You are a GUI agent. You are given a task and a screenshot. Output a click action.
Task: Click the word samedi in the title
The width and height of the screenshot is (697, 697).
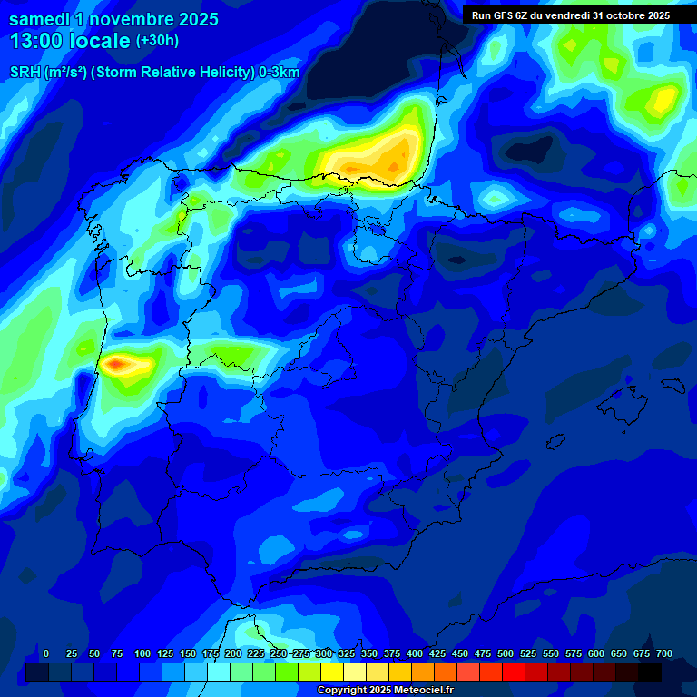click(x=41, y=19)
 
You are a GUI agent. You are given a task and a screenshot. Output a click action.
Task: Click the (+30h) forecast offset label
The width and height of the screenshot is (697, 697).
click(x=158, y=41)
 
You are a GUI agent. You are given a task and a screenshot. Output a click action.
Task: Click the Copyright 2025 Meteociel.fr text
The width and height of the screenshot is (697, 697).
click(x=385, y=690)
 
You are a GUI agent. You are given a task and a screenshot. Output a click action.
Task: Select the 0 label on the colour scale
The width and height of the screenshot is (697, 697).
click(x=46, y=653)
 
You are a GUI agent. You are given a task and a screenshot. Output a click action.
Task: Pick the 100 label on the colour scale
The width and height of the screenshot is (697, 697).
click(x=142, y=653)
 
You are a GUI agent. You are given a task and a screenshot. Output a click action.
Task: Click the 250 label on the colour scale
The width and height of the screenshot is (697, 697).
click(x=279, y=653)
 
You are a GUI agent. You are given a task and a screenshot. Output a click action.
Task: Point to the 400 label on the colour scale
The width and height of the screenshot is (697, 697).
click(x=415, y=653)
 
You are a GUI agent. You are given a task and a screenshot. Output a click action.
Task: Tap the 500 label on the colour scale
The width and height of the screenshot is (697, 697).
click(x=506, y=653)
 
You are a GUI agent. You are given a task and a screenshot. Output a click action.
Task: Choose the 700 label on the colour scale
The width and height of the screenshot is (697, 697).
click(x=663, y=653)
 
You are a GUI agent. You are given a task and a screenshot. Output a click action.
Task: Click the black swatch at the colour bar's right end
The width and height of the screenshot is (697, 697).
click(x=650, y=672)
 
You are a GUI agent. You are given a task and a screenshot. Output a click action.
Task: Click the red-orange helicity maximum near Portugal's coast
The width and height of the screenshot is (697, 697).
click(x=117, y=365)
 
